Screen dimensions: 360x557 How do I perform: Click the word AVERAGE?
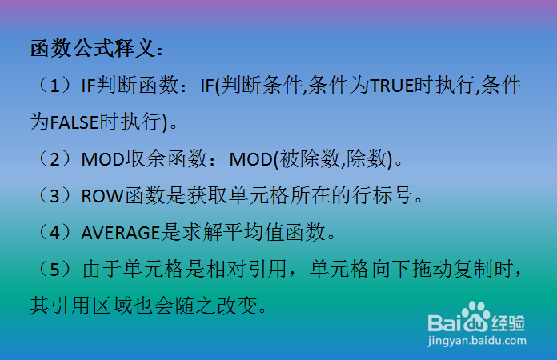click(x=121, y=233)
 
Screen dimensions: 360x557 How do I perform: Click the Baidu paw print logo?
click(x=473, y=315)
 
